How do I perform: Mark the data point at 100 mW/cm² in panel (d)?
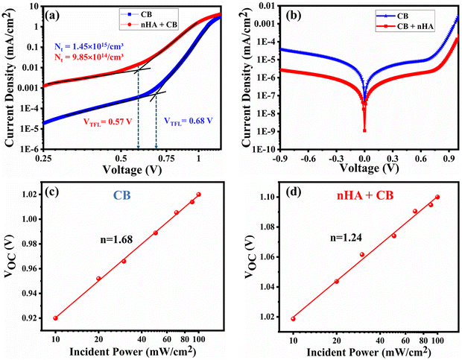tap(437, 198)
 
